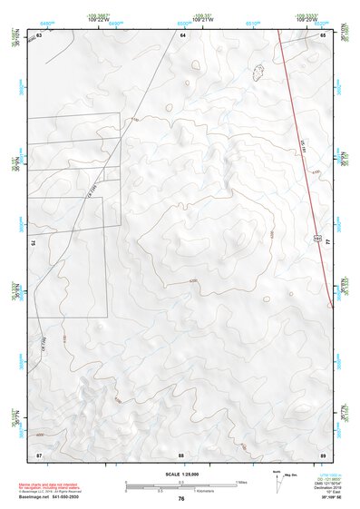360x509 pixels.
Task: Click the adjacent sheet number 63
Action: pos(40,34)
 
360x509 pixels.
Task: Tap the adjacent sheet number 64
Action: pos(182,34)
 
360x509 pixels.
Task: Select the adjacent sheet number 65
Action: pos(323,34)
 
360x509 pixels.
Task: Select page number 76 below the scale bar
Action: pos(181,499)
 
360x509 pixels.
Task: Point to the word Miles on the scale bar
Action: pos(240,481)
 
